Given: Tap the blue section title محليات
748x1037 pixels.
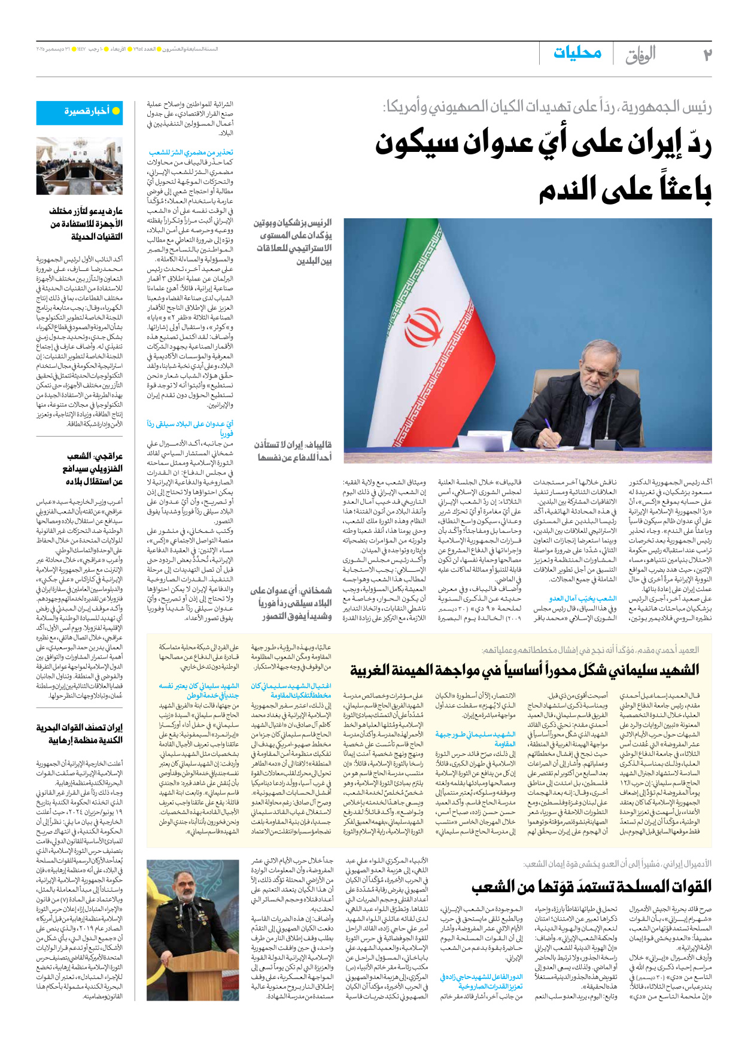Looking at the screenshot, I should pos(577,53).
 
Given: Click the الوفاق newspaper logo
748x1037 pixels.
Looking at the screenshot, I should pos(640,55).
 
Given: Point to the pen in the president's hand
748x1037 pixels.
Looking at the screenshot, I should pos(549,428).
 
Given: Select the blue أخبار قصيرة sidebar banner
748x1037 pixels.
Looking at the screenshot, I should pos(80,111).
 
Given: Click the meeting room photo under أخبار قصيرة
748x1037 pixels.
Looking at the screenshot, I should pos(80,166).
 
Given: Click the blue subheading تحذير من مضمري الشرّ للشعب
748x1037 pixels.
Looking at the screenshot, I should pos(191,152).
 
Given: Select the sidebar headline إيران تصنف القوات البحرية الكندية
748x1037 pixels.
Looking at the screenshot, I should pos(80,733).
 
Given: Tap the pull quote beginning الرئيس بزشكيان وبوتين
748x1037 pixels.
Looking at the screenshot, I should pos(293,242).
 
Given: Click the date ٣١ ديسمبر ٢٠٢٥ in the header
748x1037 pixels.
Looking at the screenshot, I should pos(54,49).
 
